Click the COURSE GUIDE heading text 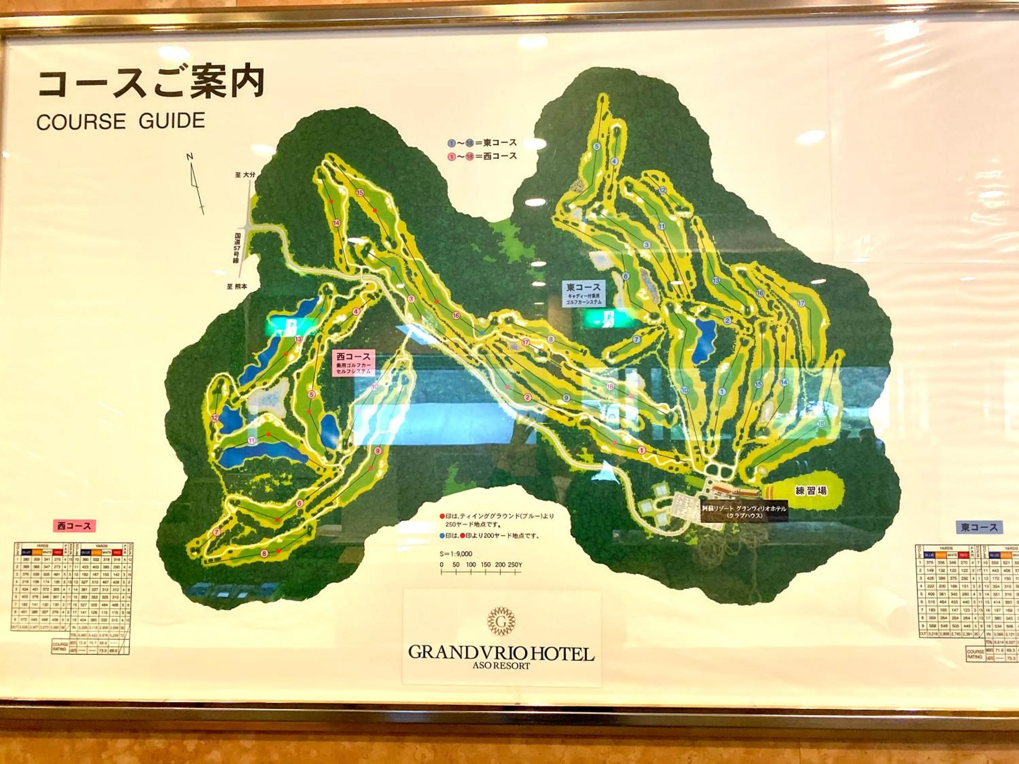click(x=120, y=121)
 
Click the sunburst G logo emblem click(x=501, y=622)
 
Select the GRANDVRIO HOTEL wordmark click(x=501, y=653)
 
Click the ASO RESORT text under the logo click(x=501, y=666)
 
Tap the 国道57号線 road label click(x=237, y=248)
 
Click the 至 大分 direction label click(x=245, y=175)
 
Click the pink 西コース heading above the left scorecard click(x=74, y=525)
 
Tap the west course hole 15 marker click(x=360, y=193)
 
